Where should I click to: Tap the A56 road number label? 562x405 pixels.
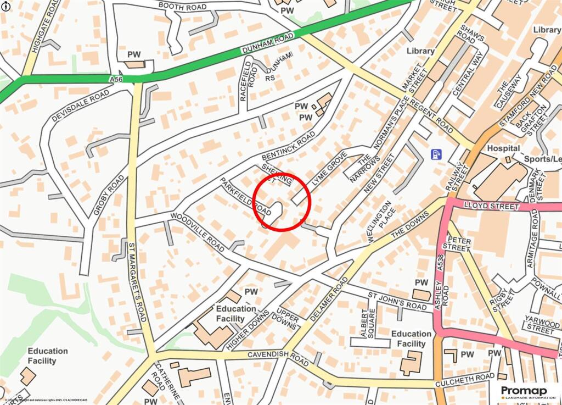click(x=116, y=80)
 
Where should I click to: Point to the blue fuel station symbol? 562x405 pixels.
click(x=436, y=154)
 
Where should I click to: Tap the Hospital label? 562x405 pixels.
click(x=503, y=148)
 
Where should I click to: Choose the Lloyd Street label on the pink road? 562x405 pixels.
click(x=491, y=206)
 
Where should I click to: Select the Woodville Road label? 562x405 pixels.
click(x=198, y=232)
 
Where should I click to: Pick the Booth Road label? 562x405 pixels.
click(x=183, y=7)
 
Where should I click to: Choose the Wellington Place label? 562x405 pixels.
click(x=381, y=221)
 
